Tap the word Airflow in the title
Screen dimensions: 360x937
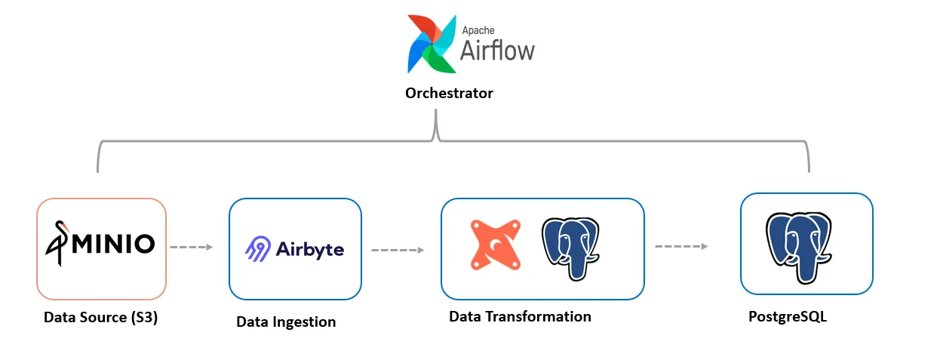[497, 50]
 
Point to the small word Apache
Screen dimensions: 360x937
[478, 29]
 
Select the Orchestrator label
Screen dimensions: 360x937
[449, 94]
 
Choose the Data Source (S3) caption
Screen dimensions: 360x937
[100, 318]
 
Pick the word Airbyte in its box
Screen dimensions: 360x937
[310, 249]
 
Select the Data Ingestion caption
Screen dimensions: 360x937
[286, 322]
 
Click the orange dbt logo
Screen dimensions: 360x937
[496, 245]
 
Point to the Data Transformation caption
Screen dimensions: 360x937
[520, 316]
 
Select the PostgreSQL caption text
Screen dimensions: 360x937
[787, 317]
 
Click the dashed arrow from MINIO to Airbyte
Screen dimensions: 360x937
[192, 247]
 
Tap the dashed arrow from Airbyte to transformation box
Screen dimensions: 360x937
[397, 249]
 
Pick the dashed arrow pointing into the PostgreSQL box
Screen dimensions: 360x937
[681, 246]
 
